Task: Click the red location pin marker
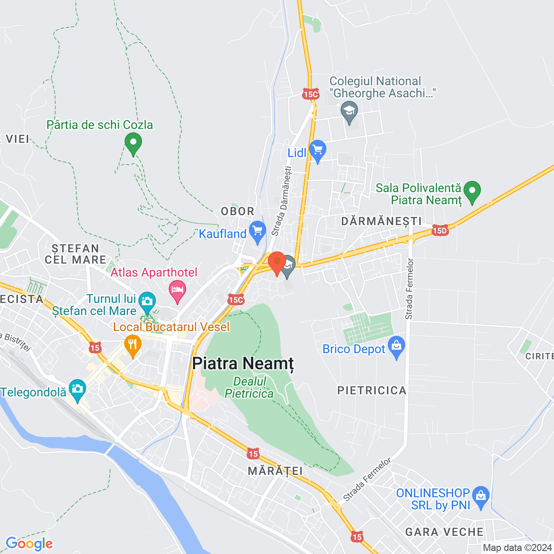click(277, 263)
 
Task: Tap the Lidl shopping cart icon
click(318, 150)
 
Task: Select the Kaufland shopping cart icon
click(258, 231)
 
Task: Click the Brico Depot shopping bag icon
click(396, 346)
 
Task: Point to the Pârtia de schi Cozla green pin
click(133, 142)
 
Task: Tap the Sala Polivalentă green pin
click(472, 191)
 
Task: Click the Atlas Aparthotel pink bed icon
click(177, 290)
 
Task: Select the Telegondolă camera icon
click(77, 389)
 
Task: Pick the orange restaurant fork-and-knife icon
click(132, 345)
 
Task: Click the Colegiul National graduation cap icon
click(349, 111)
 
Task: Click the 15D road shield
click(440, 231)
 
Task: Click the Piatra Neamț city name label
click(243, 364)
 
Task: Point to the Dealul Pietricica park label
click(249, 387)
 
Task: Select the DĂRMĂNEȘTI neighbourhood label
click(381, 221)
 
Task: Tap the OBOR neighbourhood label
click(238, 211)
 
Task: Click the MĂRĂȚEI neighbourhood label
click(275, 471)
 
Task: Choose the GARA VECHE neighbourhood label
click(444, 532)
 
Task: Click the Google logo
click(29, 544)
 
